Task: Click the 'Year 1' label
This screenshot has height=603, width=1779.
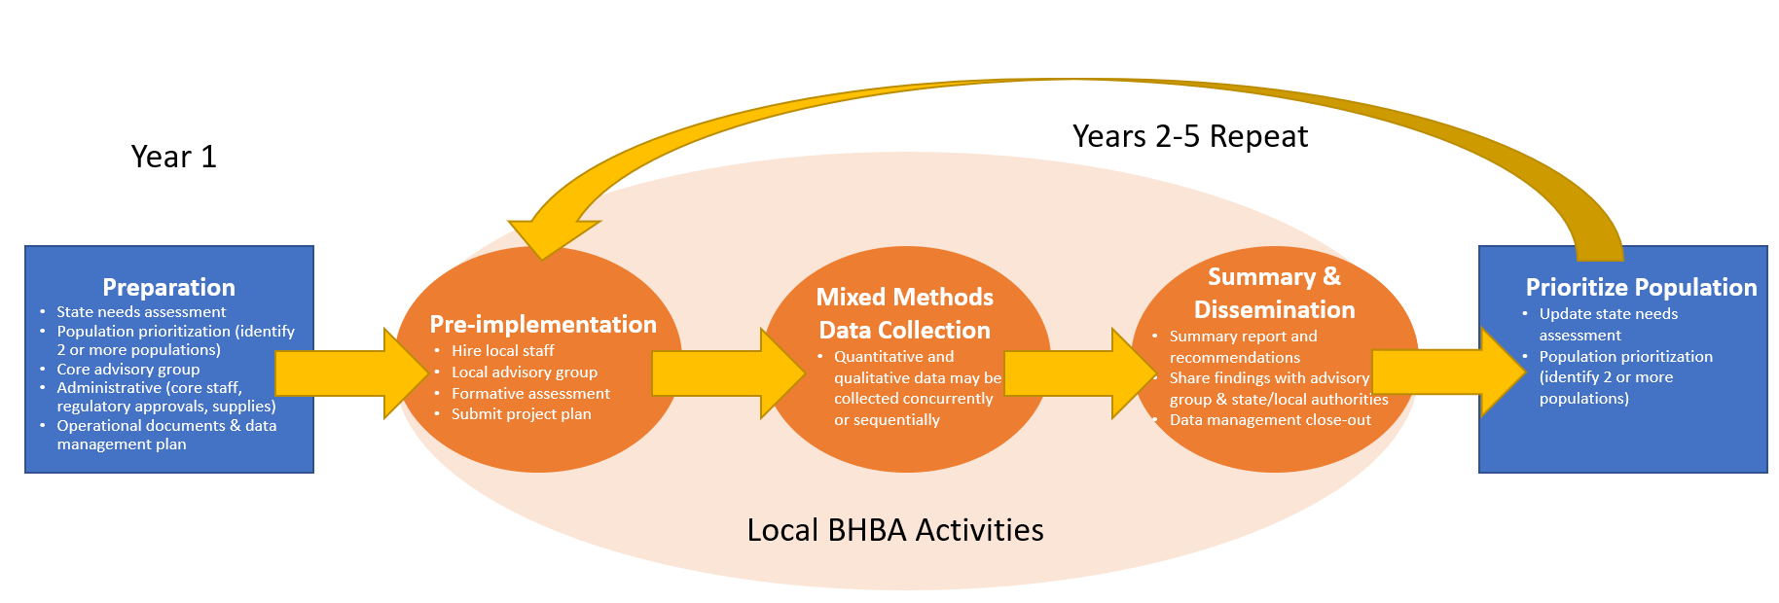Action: [173, 157]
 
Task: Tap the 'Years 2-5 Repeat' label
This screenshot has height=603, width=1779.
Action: [1189, 136]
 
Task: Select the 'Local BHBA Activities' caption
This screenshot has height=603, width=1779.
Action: [894, 530]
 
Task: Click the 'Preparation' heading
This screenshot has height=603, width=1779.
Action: [168, 287]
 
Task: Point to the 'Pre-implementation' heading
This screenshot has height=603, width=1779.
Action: [543, 324]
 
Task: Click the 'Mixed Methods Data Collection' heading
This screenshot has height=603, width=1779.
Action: [904, 313]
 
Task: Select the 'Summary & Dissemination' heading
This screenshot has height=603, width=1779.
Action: [1274, 293]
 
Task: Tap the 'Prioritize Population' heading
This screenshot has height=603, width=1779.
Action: [1641, 287]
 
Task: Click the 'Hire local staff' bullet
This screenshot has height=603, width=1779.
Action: [502, 350]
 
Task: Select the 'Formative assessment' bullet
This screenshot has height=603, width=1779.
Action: [530, 393]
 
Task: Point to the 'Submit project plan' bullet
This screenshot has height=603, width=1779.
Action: [521, 414]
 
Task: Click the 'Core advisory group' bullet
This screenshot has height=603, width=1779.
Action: [127, 369]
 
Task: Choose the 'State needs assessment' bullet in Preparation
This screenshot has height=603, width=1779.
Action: [141, 311]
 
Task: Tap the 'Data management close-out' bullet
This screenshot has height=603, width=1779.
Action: [1270, 420]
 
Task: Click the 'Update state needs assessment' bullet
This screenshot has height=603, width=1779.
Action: [1608, 324]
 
